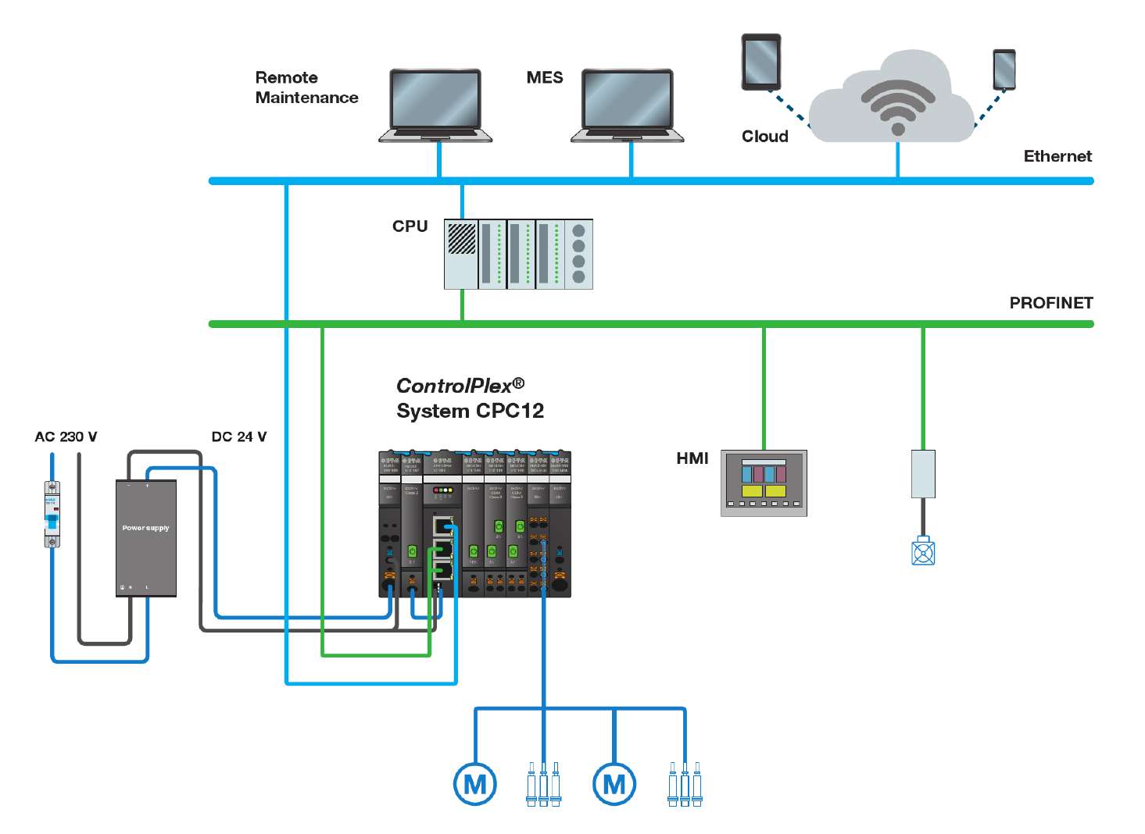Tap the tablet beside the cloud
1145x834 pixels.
coord(760,62)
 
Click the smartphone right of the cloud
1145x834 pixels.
coord(1004,69)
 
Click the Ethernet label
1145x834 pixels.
coord(1057,156)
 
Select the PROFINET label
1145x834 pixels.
coord(1050,303)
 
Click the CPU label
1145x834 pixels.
coord(410,226)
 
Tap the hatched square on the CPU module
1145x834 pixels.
coord(461,239)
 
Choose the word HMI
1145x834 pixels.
coord(692,458)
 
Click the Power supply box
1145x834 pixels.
coord(146,538)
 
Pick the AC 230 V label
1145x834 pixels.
coord(66,437)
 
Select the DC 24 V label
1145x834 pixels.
coord(238,437)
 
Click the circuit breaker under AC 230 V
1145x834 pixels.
coord(52,514)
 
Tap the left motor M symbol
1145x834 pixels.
coord(474,784)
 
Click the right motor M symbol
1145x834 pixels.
coord(614,784)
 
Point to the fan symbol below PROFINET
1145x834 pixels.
coord(923,551)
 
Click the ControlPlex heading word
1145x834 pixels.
coord(453,386)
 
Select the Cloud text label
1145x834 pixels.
coord(764,137)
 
